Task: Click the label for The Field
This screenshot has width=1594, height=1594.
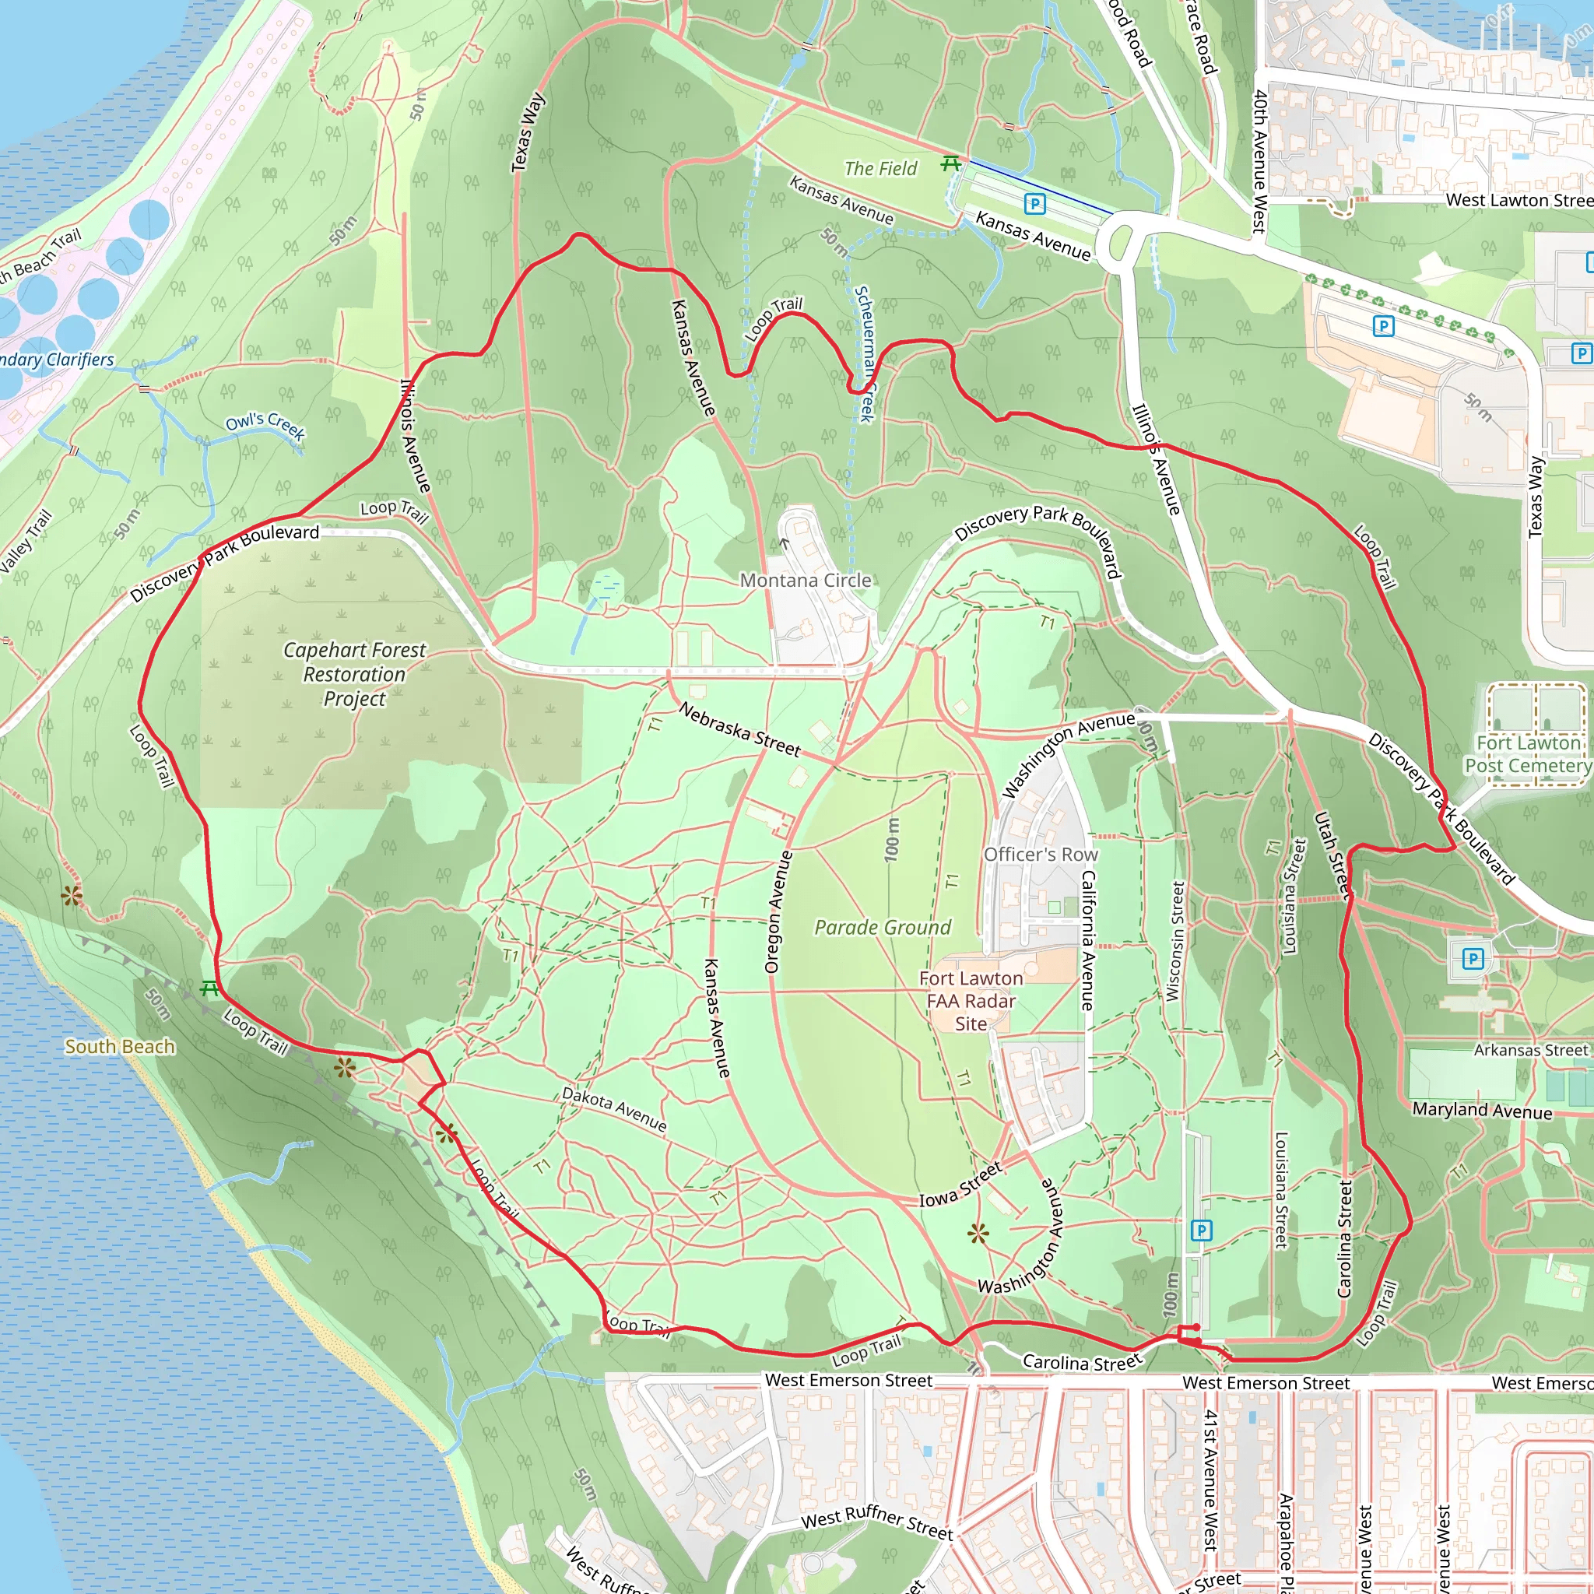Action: pyautogui.click(x=880, y=168)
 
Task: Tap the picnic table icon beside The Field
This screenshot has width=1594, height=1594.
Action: pyautogui.click(x=950, y=163)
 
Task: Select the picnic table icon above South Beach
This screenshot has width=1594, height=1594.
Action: pyautogui.click(x=209, y=988)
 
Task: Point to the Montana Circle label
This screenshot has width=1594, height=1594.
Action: pyautogui.click(x=806, y=580)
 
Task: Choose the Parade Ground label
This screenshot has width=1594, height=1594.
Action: pyautogui.click(x=883, y=927)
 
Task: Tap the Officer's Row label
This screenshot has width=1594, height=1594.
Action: pyautogui.click(x=1041, y=854)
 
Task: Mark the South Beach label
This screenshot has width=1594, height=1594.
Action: pyautogui.click(x=120, y=1046)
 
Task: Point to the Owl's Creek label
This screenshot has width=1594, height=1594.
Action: pyautogui.click(x=265, y=426)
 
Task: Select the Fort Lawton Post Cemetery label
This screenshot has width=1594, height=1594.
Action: pyautogui.click(x=1527, y=754)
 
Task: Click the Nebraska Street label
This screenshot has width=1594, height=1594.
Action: pyautogui.click(x=739, y=729)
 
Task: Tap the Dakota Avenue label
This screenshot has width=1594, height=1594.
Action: pyautogui.click(x=614, y=1108)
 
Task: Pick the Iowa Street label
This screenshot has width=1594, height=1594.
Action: pyautogui.click(x=961, y=1184)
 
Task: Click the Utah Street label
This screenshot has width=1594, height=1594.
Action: pyautogui.click(x=1332, y=855)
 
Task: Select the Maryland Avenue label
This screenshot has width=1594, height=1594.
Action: pyautogui.click(x=1482, y=1111)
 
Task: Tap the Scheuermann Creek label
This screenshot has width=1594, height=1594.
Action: pyautogui.click(x=864, y=354)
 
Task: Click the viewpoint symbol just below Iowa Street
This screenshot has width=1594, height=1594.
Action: pyautogui.click(x=978, y=1234)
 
